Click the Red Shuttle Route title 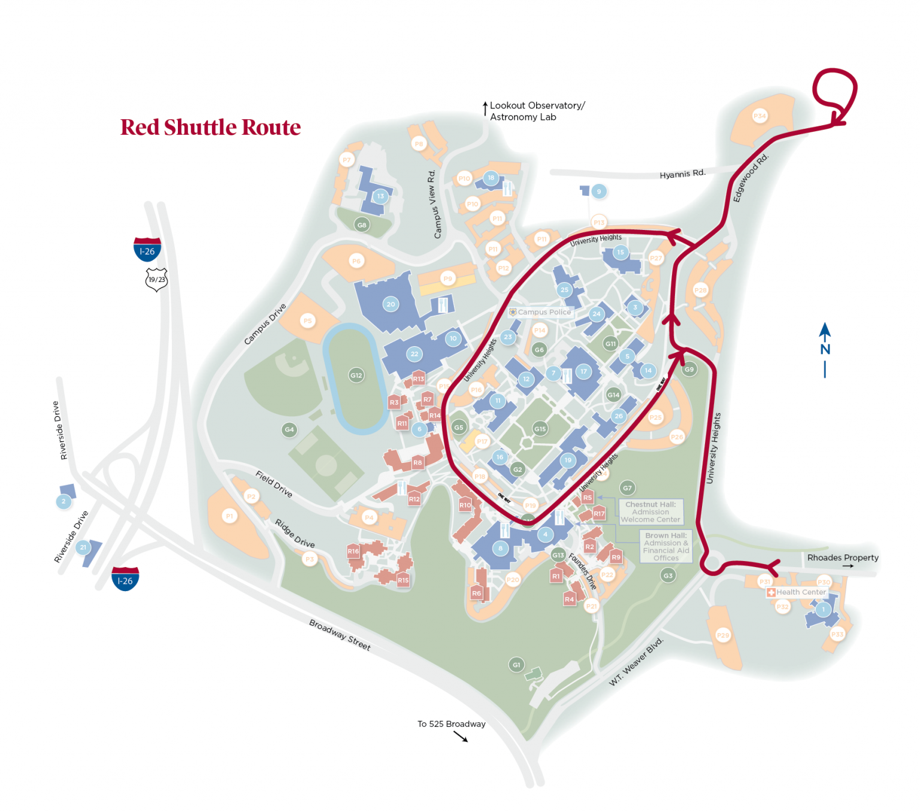coord(210,128)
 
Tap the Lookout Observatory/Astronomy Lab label coord(537,111)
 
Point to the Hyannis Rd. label coord(682,174)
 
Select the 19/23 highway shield coord(156,280)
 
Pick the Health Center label coord(801,592)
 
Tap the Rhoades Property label coord(842,558)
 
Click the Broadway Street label coord(340,635)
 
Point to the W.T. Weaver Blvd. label coord(636,662)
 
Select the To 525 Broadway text coord(451,724)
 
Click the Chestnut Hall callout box coord(650,512)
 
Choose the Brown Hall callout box coord(666,546)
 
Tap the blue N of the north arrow coord(825,350)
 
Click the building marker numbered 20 coord(391,304)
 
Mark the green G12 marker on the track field coord(356,375)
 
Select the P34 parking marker coord(759,116)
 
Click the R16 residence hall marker coord(353,552)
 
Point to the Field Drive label coord(274,484)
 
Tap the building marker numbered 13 coord(380,196)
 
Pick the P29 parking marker coord(723,635)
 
